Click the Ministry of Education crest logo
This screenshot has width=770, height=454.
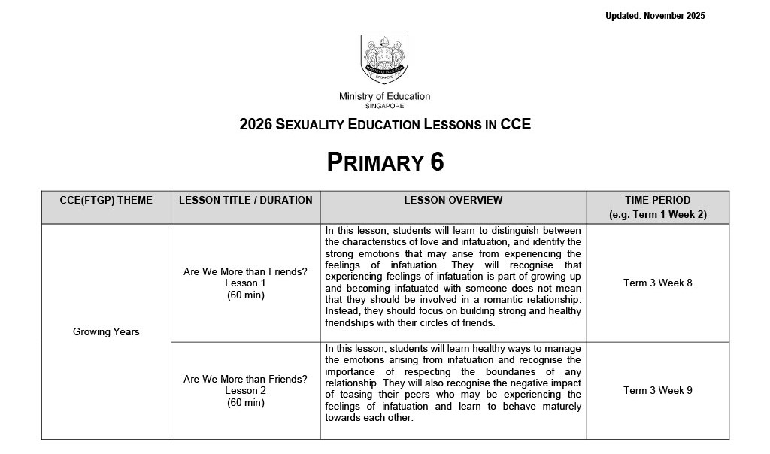tap(384, 59)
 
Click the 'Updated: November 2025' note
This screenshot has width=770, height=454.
tap(655, 16)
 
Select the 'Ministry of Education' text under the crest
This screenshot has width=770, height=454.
tap(384, 96)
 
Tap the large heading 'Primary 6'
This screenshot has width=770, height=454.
tap(385, 162)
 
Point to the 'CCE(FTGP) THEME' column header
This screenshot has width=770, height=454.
tap(106, 200)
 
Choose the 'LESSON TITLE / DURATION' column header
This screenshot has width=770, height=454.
tap(245, 200)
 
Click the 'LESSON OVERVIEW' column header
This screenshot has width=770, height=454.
tap(453, 200)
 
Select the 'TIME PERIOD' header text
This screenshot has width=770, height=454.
tap(657, 200)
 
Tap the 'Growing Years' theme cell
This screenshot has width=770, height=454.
tap(106, 331)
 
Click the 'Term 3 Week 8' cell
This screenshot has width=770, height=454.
tap(657, 283)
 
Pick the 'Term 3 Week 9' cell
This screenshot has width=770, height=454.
tap(657, 390)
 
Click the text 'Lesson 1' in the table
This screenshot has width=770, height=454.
tap(245, 283)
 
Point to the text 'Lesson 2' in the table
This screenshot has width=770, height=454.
tap(245, 391)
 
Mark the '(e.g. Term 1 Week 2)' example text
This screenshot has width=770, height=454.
tap(657, 215)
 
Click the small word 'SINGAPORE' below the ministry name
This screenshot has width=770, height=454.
tap(384, 107)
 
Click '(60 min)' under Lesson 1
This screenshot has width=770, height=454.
tap(245, 295)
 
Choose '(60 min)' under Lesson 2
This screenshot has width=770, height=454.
tap(245, 403)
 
